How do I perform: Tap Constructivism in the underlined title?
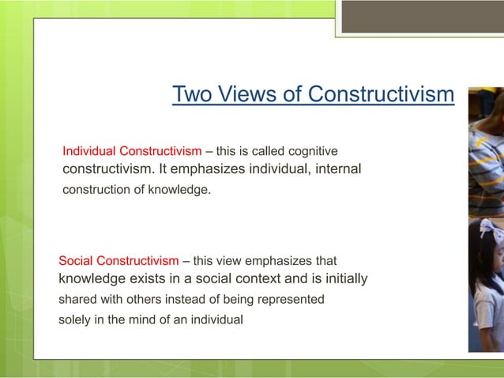tap(381, 95)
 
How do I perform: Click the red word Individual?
tap(89, 151)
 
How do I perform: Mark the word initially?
tap(340, 279)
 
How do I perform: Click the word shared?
tap(77, 300)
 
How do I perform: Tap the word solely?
tap(76, 319)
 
